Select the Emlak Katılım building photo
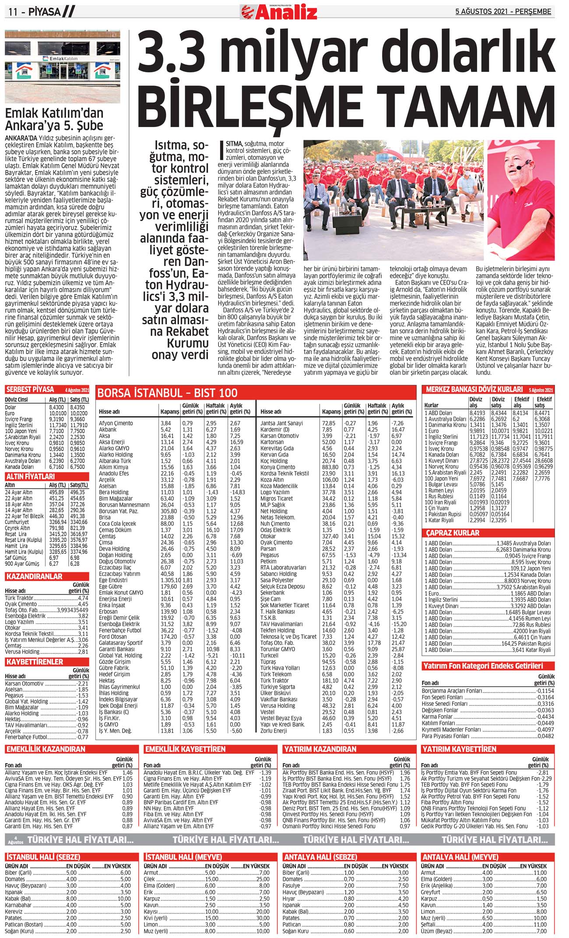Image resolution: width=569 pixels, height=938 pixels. [62, 66]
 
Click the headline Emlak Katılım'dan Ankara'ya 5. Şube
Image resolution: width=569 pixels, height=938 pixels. [54, 119]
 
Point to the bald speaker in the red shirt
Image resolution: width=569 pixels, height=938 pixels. [526, 202]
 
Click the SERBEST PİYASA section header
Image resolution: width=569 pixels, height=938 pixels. [30, 389]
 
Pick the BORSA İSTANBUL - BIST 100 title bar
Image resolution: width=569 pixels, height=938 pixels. [167, 393]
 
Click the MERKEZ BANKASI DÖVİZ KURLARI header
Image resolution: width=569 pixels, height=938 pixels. [474, 389]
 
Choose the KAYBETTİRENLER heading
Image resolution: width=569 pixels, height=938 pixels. [35, 662]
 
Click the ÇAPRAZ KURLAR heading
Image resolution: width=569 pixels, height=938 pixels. [453, 533]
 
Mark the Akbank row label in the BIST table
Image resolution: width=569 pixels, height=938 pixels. [108, 430]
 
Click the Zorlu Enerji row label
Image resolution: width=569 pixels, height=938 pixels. [274, 731]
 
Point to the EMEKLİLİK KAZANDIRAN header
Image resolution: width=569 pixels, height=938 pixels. [46, 749]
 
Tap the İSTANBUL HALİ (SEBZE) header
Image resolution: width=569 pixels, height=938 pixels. [43, 857]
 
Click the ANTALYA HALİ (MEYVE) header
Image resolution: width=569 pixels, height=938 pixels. [460, 857]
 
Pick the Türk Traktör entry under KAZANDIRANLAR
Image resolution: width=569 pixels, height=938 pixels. [19, 598]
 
